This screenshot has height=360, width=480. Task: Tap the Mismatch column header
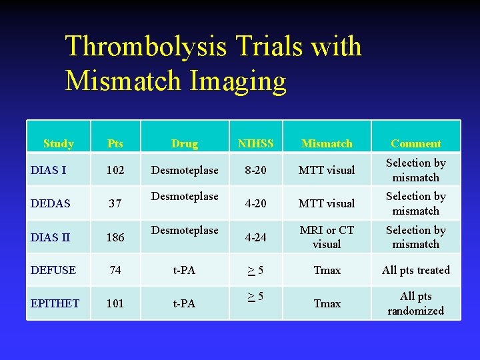click(327, 143)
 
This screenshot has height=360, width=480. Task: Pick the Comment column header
click(415, 143)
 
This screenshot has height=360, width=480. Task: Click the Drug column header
click(184, 143)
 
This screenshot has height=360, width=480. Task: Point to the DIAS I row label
click(48, 170)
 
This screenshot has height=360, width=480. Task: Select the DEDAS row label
click(50, 203)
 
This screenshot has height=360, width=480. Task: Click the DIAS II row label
click(50, 237)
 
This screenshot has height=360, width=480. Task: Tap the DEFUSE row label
click(53, 270)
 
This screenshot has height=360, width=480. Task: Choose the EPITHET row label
click(55, 303)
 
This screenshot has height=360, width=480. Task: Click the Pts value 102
click(115, 170)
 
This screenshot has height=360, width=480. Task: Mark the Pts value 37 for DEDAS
click(115, 203)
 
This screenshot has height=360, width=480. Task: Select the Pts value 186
click(115, 237)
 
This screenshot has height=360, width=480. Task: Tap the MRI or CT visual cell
click(327, 237)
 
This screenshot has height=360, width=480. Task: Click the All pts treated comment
click(415, 270)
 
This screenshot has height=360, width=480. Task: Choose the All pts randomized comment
click(415, 303)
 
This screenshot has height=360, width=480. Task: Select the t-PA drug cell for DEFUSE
click(184, 270)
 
